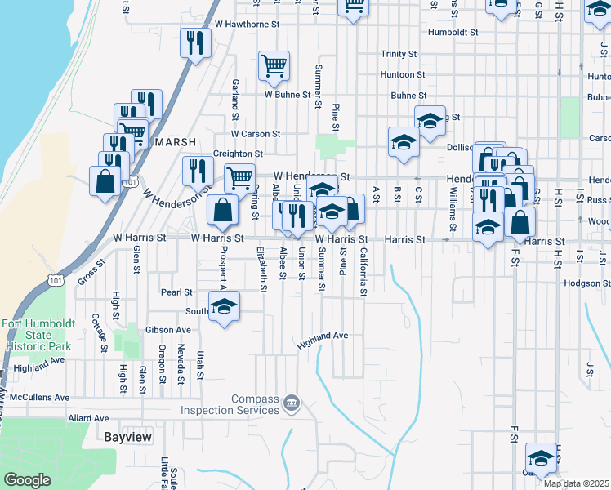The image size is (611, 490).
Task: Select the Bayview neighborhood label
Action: (x=128, y=437)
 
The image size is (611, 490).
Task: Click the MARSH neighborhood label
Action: (x=176, y=142)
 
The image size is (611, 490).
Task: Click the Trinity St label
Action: (x=399, y=54)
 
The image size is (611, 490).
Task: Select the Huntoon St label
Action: (x=403, y=74)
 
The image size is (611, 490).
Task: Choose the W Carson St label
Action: (x=256, y=133)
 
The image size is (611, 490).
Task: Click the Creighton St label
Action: (x=238, y=153)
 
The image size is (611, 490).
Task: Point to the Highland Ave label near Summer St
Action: (x=323, y=336)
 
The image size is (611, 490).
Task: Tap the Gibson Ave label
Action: (x=168, y=330)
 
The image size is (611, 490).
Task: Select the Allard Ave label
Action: (x=88, y=418)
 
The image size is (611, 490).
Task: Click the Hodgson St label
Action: (x=586, y=283)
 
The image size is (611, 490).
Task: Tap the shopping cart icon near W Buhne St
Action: (x=274, y=65)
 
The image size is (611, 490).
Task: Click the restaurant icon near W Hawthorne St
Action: (x=194, y=42)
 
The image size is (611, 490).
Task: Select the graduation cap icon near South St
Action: (x=223, y=308)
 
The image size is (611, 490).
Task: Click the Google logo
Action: (x=27, y=480)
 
